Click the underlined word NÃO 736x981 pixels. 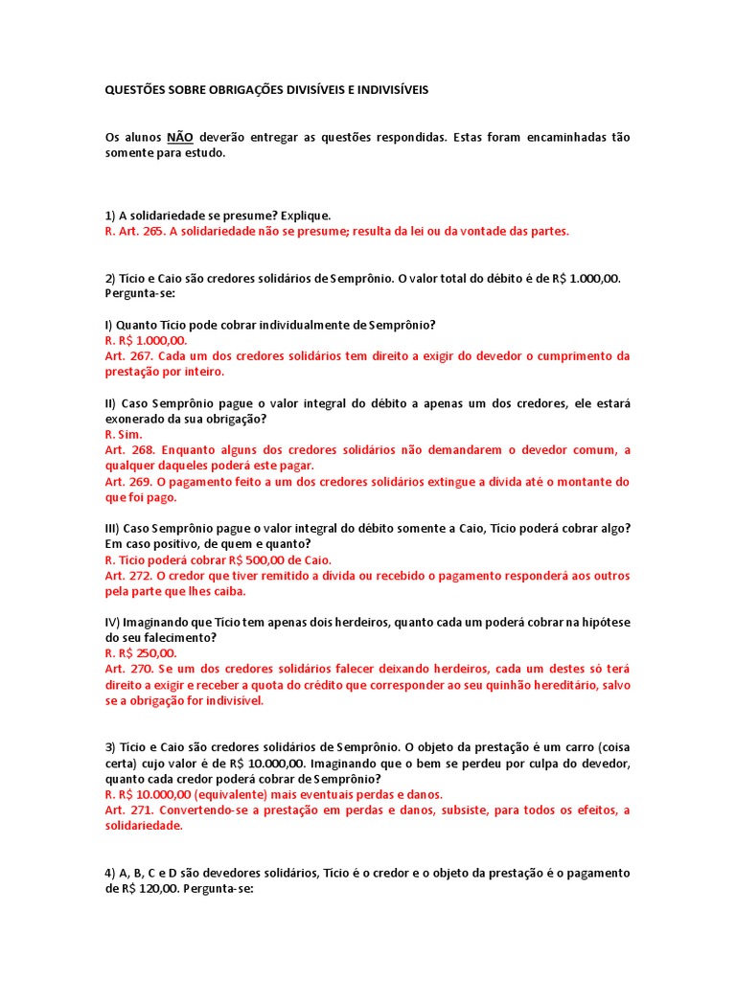[180, 137]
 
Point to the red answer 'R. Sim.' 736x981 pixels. [124, 434]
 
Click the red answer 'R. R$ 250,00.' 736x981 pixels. [141, 653]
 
